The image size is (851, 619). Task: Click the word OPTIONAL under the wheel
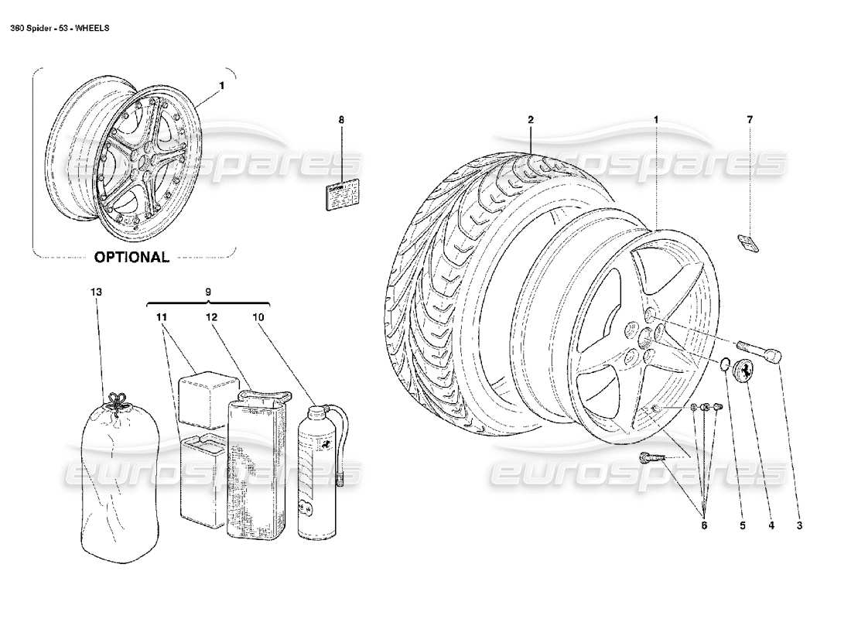pyautogui.click(x=132, y=257)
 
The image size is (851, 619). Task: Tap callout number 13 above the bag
pyautogui.click(x=96, y=292)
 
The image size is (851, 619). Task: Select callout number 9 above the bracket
pyautogui.click(x=207, y=292)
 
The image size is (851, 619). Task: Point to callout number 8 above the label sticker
pyautogui.click(x=340, y=120)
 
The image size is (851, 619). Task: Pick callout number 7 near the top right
pyautogui.click(x=749, y=120)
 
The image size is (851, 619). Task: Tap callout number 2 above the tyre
pyautogui.click(x=531, y=120)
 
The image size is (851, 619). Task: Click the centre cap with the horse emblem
pyautogui.click(x=749, y=369)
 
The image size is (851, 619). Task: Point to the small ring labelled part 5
pyautogui.click(x=724, y=364)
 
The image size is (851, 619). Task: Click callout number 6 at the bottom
pyautogui.click(x=703, y=525)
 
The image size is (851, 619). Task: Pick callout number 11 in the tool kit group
pyautogui.click(x=164, y=317)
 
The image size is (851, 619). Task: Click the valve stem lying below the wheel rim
pyautogui.click(x=651, y=460)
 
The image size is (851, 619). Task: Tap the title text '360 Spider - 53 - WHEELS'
pyautogui.click(x=59, y=28)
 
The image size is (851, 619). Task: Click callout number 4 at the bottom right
pyautogui.click(x=771, y=525)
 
